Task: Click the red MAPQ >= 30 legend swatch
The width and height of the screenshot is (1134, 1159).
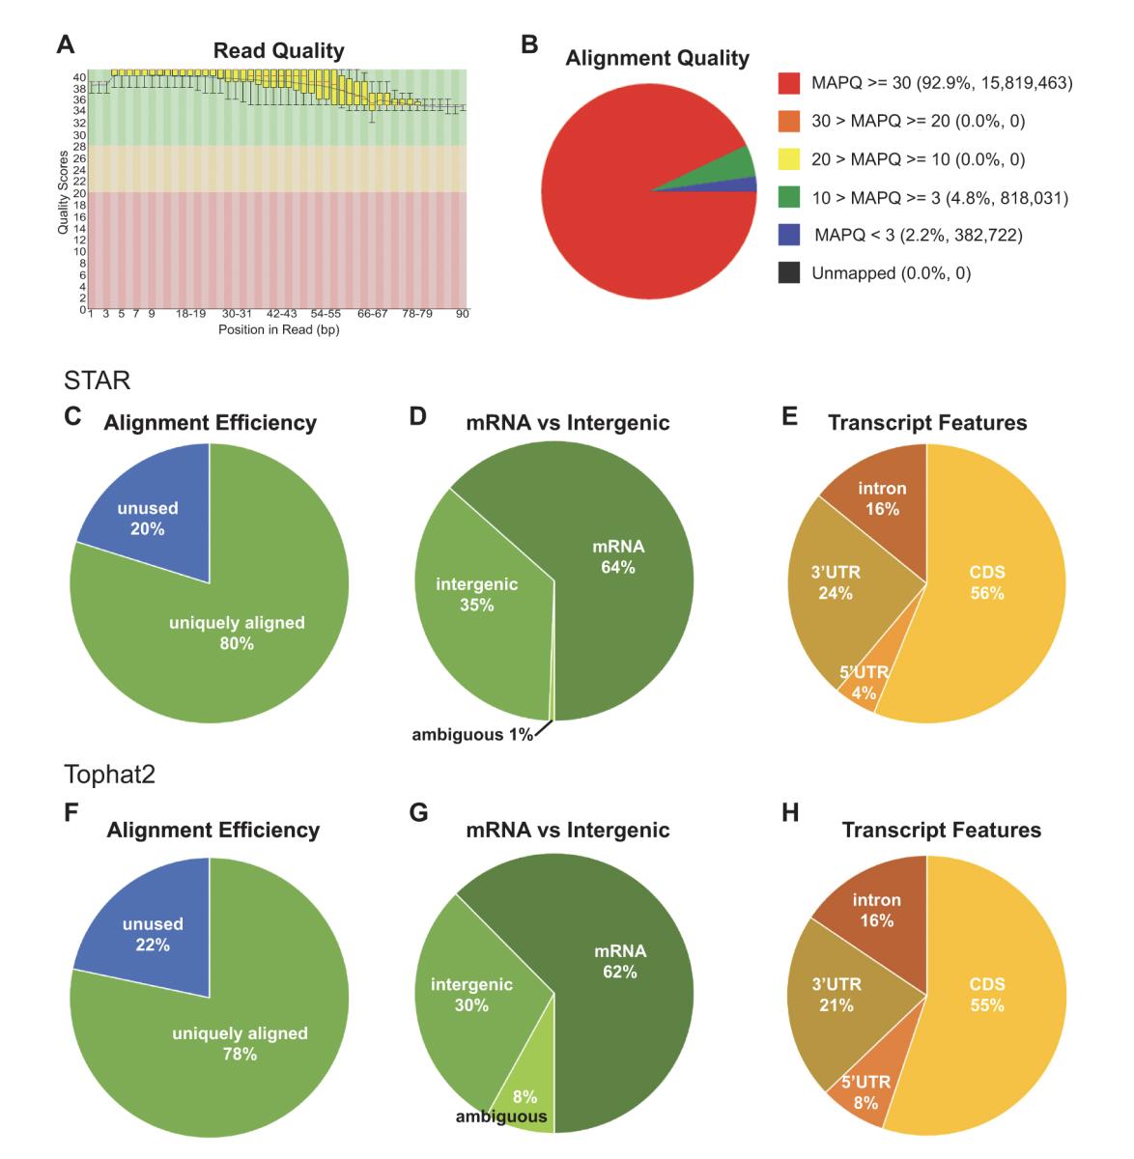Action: coord(788,84)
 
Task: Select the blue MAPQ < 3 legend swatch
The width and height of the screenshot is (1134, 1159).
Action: coord(788,236)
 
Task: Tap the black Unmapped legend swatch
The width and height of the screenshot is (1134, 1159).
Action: coord(788,273)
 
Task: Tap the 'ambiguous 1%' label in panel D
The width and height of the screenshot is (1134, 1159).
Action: coord(472,734)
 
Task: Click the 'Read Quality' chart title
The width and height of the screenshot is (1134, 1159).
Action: coord(278,50)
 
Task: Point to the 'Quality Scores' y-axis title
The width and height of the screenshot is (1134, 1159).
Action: coord(64,190)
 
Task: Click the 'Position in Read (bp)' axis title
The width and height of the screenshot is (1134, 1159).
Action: coord(278,330)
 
